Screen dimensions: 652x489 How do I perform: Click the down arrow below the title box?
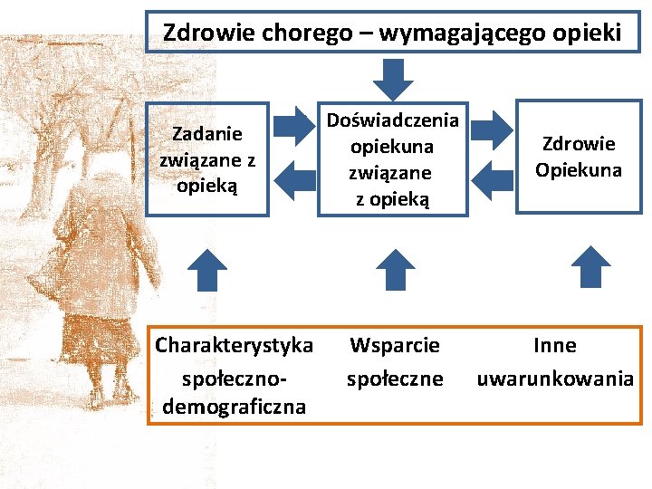(x=393, y=78)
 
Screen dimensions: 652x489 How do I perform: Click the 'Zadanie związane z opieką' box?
(x=207, y=159)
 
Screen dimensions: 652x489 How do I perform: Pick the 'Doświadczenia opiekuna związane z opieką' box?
(x=392, y=159)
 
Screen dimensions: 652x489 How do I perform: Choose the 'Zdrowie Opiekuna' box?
(x=578, y=157)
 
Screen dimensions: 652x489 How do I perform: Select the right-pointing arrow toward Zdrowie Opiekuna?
(x=492, y=128)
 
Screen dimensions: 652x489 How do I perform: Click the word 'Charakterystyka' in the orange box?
(x=235, y=346)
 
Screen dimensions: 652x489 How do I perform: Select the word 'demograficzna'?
(x=234, y=407)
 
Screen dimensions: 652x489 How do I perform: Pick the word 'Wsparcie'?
(x=395, y=346)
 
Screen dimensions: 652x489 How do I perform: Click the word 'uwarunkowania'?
(x=555, y=379)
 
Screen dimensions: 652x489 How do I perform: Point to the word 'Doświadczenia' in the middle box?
(x=393, y=120)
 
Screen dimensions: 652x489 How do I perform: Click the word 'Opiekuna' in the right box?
(x=578, y=169)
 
